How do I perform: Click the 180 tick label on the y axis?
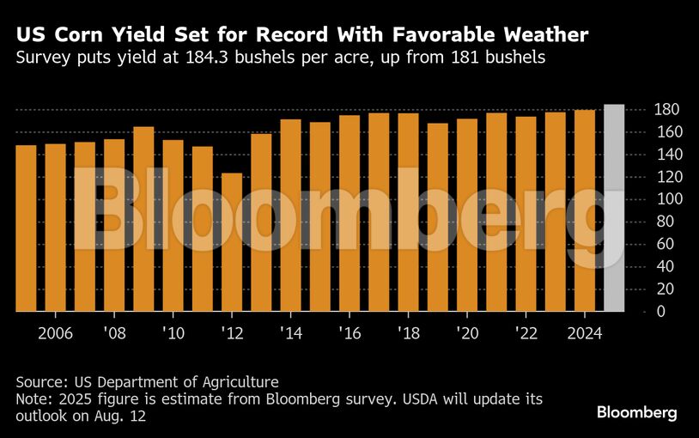pos(644,110)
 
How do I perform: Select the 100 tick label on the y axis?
pos(644,199)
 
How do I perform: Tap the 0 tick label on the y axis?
pos(637,311)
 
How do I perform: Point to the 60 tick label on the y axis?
pos(641,244)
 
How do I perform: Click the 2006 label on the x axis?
pos(55,332)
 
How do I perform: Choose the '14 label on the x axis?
pos(290,332)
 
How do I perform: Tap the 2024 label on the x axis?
pos(585,332)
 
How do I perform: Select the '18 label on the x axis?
pos(408,332)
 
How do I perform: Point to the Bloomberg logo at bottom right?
pos(636,413)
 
